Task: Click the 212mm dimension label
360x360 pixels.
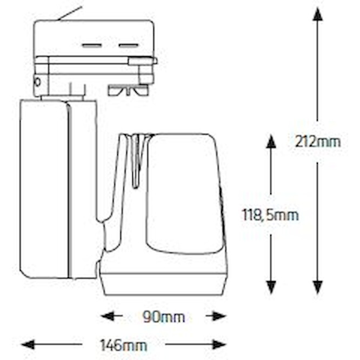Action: pyautogui.click(x=317, y=142)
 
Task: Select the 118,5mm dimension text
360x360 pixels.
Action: pyautogui.click(x=270, y=215)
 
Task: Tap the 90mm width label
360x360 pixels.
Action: pyautogui.click(x=164, y=317)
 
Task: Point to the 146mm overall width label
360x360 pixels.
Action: pyautogui.click(x=124, y=345)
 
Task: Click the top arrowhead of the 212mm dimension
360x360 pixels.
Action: pyautogui.click(x=317, y=14)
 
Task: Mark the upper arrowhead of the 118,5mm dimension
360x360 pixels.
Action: pyautogui.click(x=271, y=142)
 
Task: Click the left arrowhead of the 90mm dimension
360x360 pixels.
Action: pyautogui.click(x=108, y=316)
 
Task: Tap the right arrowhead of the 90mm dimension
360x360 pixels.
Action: pyautogui.click(x=219, y=316)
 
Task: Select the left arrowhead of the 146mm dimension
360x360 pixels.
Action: pyautogui.click(x=28, y=344)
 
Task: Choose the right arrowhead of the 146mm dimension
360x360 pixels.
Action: pyautogui.click(x=219, y=344)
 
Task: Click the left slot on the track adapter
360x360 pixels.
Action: pyautogui.click(x=92, y=45)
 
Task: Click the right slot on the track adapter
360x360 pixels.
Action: pyautogui.click(x=129, y=45)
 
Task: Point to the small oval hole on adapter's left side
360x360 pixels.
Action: pyautogui.click(x=37, y=82)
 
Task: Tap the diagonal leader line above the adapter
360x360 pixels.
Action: pyautogui.click(x=70, y=14)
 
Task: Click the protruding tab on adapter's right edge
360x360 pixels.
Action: pyautogui.click(x=143, y=61)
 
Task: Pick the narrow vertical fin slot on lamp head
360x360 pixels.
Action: pyautogui.click(x=136, y=161)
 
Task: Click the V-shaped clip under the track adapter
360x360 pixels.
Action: pyautogui.click(x=129, y=90)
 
